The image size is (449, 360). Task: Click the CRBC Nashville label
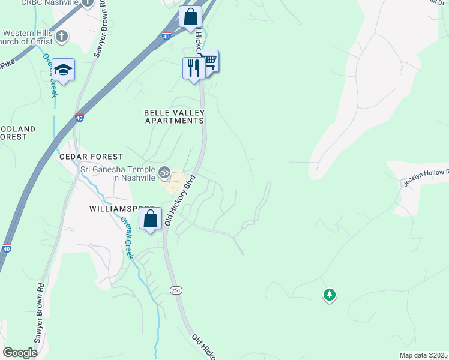50,3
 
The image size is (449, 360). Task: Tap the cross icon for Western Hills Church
61,37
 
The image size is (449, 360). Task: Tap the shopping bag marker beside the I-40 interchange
190,17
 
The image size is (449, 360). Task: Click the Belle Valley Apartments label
175,116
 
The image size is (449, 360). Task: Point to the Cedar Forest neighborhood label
91,157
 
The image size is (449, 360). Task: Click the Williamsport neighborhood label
118,209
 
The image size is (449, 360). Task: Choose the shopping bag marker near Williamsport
151,218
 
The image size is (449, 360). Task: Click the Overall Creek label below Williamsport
127,237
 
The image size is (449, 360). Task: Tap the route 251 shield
175,290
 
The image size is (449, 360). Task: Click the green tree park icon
329,295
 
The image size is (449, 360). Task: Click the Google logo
20,353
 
